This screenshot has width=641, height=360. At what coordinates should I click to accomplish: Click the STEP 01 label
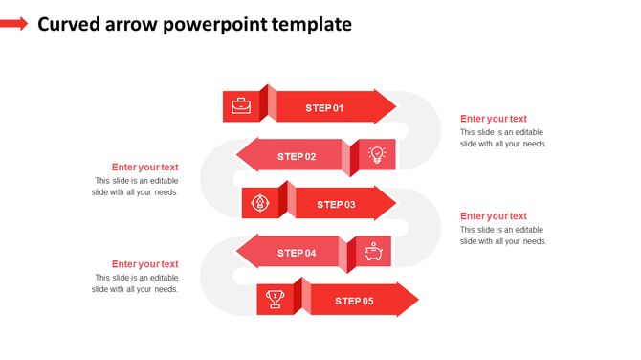point(324,108)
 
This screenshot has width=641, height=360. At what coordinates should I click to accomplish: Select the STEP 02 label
point(297,156)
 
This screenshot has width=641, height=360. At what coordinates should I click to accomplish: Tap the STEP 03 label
point(336,204)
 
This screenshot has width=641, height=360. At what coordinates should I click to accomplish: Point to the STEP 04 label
point(297,253)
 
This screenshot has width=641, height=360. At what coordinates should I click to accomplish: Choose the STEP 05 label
point(354,301)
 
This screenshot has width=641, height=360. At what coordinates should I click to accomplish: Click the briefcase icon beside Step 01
point(241,106)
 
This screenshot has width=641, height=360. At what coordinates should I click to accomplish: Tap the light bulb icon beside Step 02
point(376,155)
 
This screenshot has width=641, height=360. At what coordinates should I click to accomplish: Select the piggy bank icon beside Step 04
point(372,252)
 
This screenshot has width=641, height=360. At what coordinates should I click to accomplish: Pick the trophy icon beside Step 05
point(275,300)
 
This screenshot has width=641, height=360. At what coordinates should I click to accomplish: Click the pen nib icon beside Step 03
point(259,203)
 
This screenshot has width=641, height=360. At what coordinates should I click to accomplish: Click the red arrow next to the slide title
point(14,24)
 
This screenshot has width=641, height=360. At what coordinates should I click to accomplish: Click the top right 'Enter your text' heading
point(493,119)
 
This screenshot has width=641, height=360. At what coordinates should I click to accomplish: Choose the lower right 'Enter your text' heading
point(493,216)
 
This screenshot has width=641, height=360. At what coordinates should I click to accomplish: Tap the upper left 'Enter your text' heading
point(144,168)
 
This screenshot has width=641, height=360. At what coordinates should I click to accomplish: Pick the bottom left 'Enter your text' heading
point(144,264)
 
